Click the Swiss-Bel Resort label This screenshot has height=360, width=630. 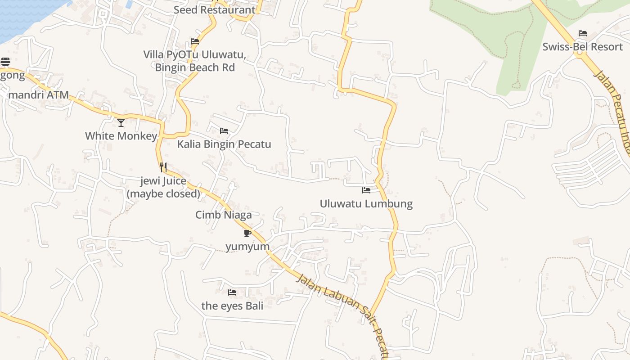(582, 47)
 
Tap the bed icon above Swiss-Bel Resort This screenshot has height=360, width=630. (583, 33)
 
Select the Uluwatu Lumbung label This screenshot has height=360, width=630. (366, 203)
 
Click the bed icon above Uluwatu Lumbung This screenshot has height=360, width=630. (366, 190)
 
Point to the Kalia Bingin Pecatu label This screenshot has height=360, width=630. (224, 144)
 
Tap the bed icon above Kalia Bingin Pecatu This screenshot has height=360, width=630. (224, 131)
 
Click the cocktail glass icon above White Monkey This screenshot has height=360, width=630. (121, 122)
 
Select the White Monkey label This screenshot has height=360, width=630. (121, 135)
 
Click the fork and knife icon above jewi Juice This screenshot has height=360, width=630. (163, 167)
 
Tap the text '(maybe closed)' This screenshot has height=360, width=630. (163, 193)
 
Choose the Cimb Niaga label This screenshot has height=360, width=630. (223, 215)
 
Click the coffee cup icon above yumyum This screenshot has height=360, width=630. (247, 233)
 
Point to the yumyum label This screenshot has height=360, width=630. (247, 247)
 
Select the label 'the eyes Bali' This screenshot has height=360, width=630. (232, 306)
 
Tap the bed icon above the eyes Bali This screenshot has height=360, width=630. (232, 292)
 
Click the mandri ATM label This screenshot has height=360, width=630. (39, 95)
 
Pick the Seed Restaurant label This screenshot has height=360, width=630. (214, 10)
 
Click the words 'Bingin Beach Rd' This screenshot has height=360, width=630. (195, 67)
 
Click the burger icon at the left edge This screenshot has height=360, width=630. (5, 62)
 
